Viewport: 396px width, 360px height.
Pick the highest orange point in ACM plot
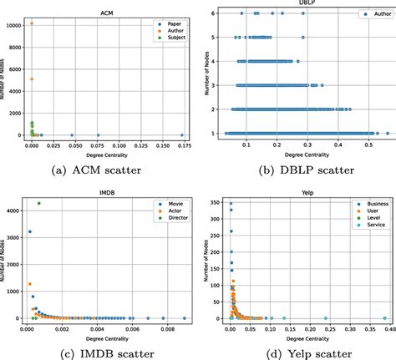point(32,23)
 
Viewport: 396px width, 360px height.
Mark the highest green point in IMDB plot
point(38,203)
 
